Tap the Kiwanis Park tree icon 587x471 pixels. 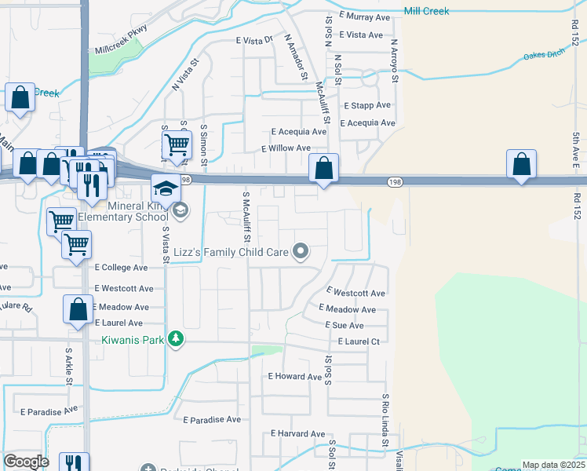[x=178, y=338]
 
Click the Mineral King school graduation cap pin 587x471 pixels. [x=166, y=190]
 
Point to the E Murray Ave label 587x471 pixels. [x=365, y=16]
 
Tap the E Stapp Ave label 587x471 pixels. [x=366, y=105]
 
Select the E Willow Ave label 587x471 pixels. [x=286, y=148]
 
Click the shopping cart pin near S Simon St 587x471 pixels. [x=177, y=145]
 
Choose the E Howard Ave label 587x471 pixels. [x=295, y=377]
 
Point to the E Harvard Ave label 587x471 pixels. [x=297, y=433]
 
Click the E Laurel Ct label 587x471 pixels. [x=359, y=341]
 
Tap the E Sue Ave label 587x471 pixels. [x=344, y=325]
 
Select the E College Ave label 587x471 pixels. [x=121, y=268]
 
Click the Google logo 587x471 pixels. [x=26, y=462]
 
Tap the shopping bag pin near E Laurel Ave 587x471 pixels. [x=78, y=309]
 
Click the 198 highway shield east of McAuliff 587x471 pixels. [x=395, y=182]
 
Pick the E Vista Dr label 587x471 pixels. [x=253, y=39]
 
